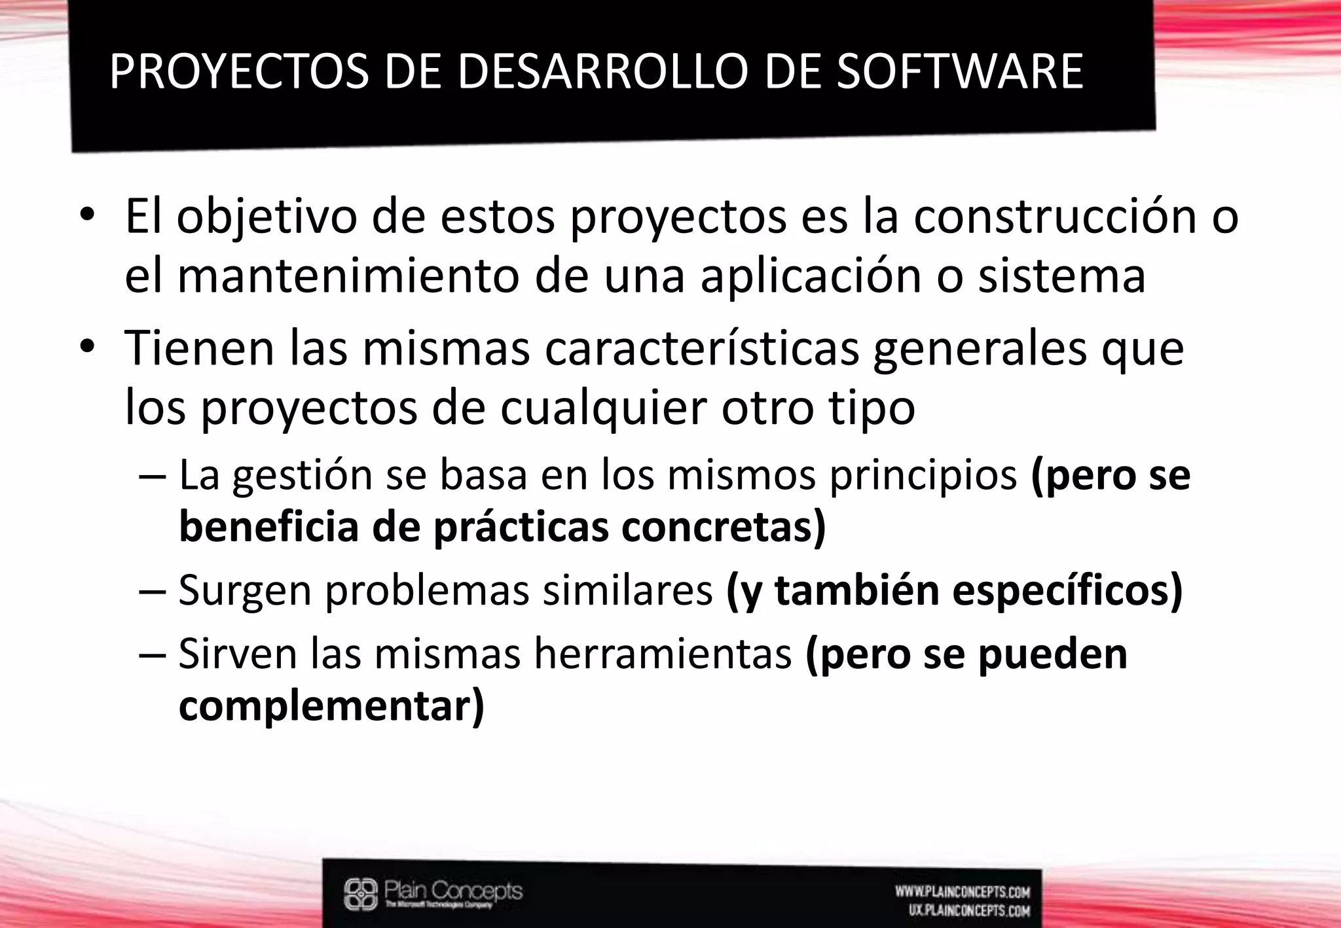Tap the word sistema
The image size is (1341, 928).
(1061, 276)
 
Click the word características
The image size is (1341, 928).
(701, 348)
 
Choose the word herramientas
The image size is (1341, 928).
(662, 653)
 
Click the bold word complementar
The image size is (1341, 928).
(327, 705)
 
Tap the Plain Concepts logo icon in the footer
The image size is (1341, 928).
(361, 893)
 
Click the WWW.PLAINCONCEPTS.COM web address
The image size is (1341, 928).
(963, 892)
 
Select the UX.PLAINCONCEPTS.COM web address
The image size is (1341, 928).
(969, 910)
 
